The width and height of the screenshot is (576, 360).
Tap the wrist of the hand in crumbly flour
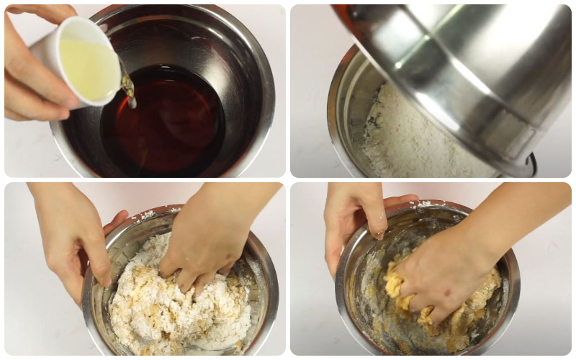tap(220, 209)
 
